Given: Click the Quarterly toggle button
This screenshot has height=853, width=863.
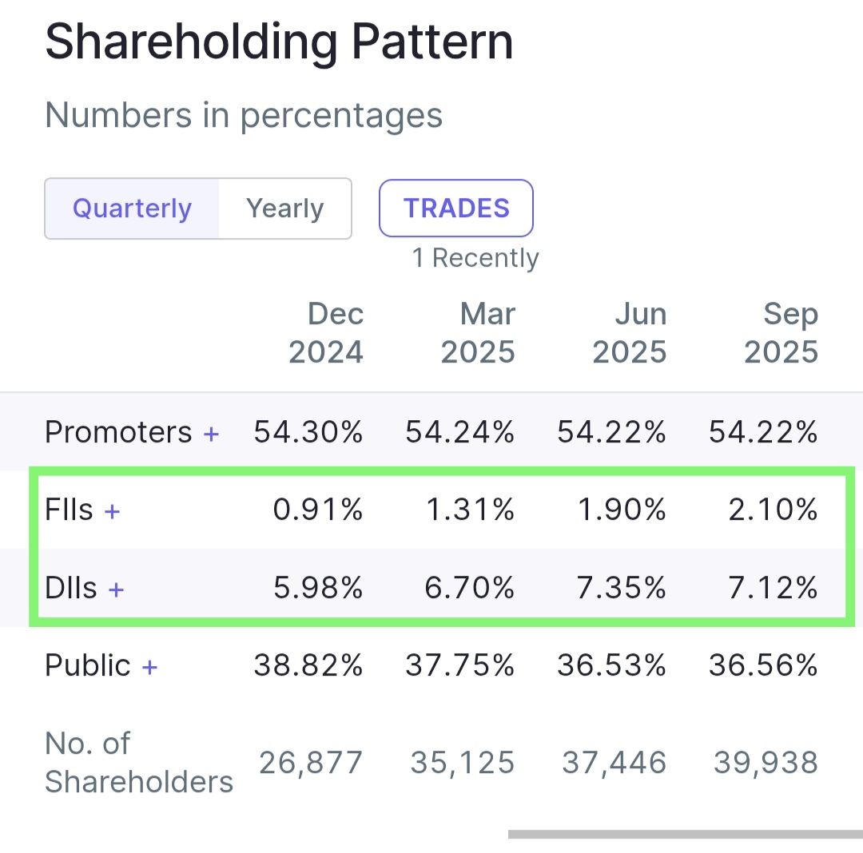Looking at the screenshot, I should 132,208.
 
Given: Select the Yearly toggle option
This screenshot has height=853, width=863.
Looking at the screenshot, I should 284,208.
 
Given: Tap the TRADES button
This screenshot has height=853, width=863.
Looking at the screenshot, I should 456,208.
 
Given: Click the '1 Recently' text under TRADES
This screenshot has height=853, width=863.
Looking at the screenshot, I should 475,258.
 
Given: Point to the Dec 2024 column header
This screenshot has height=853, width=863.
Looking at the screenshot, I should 326,333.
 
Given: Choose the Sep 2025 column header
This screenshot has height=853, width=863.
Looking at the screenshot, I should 781,333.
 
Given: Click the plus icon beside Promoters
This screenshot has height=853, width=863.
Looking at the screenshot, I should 211,434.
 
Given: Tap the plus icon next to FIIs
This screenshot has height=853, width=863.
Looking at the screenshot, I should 113,511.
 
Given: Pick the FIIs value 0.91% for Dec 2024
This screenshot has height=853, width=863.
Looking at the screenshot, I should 318,510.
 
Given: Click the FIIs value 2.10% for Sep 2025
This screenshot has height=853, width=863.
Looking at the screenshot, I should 773,510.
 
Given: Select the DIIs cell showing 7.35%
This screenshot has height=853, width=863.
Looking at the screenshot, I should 622,589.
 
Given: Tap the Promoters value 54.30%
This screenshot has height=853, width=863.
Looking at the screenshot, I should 308,432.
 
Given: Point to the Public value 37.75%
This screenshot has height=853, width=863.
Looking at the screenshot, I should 460,665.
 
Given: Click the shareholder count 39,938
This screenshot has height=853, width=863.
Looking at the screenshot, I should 766,763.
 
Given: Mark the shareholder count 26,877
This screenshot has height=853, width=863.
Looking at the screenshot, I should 311,763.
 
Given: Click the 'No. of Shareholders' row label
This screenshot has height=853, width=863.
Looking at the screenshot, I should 138,763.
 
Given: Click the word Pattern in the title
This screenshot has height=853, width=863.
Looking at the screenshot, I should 431,42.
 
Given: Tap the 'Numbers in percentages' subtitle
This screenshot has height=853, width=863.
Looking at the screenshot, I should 244,115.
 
